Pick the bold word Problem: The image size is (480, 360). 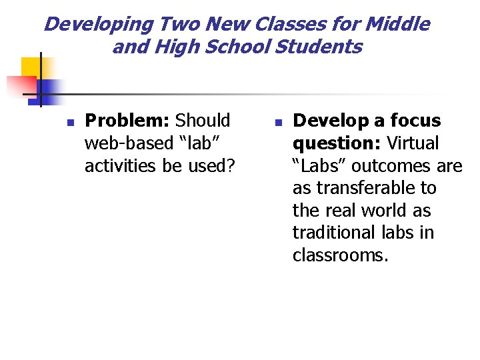pos(128,121)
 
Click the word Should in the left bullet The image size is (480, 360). pos(203,121)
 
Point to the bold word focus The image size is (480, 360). pos(415,121)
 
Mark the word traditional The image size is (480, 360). pos(335,233)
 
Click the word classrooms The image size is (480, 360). pos(340,255)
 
